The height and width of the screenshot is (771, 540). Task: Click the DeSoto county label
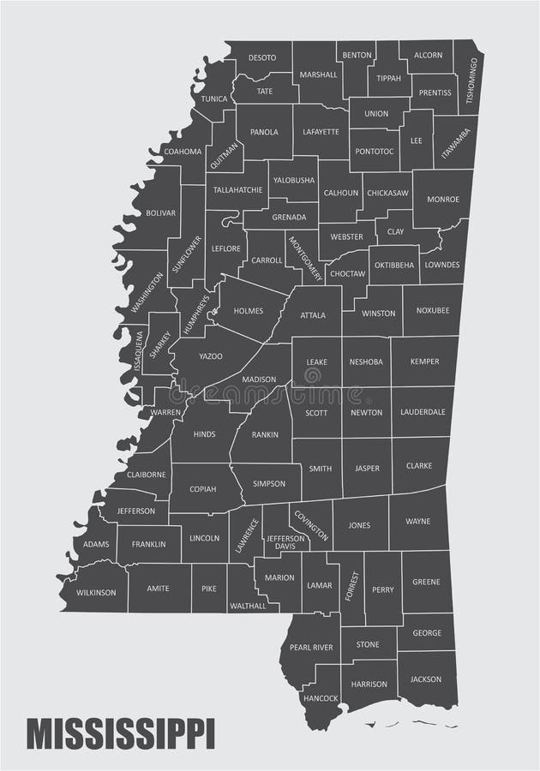coord(262,57)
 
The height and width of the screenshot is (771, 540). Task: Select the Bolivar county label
coord(160,212)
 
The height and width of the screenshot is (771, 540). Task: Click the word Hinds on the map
coord(204,434)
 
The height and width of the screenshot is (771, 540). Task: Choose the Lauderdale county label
coord(423,412)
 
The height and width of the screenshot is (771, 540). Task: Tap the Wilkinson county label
coord(94,592)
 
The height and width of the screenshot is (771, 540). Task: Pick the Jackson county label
coord(426,679)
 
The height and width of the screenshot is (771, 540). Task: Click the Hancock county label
coord(321,698)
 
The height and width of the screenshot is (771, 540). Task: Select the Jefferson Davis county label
coord(286,542)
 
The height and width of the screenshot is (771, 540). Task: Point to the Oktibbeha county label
coord(394,265)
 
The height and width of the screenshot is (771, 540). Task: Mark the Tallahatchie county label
coord(237,189)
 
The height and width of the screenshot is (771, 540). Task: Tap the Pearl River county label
coord(311,648)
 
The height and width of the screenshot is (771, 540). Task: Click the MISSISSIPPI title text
coord(121,734)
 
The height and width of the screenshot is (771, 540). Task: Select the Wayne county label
coord(417,521)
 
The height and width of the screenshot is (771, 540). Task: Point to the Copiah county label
coord(203,489)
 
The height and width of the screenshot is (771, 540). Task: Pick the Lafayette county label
coord(321,132)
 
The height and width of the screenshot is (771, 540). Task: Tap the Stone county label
coord(368,644)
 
